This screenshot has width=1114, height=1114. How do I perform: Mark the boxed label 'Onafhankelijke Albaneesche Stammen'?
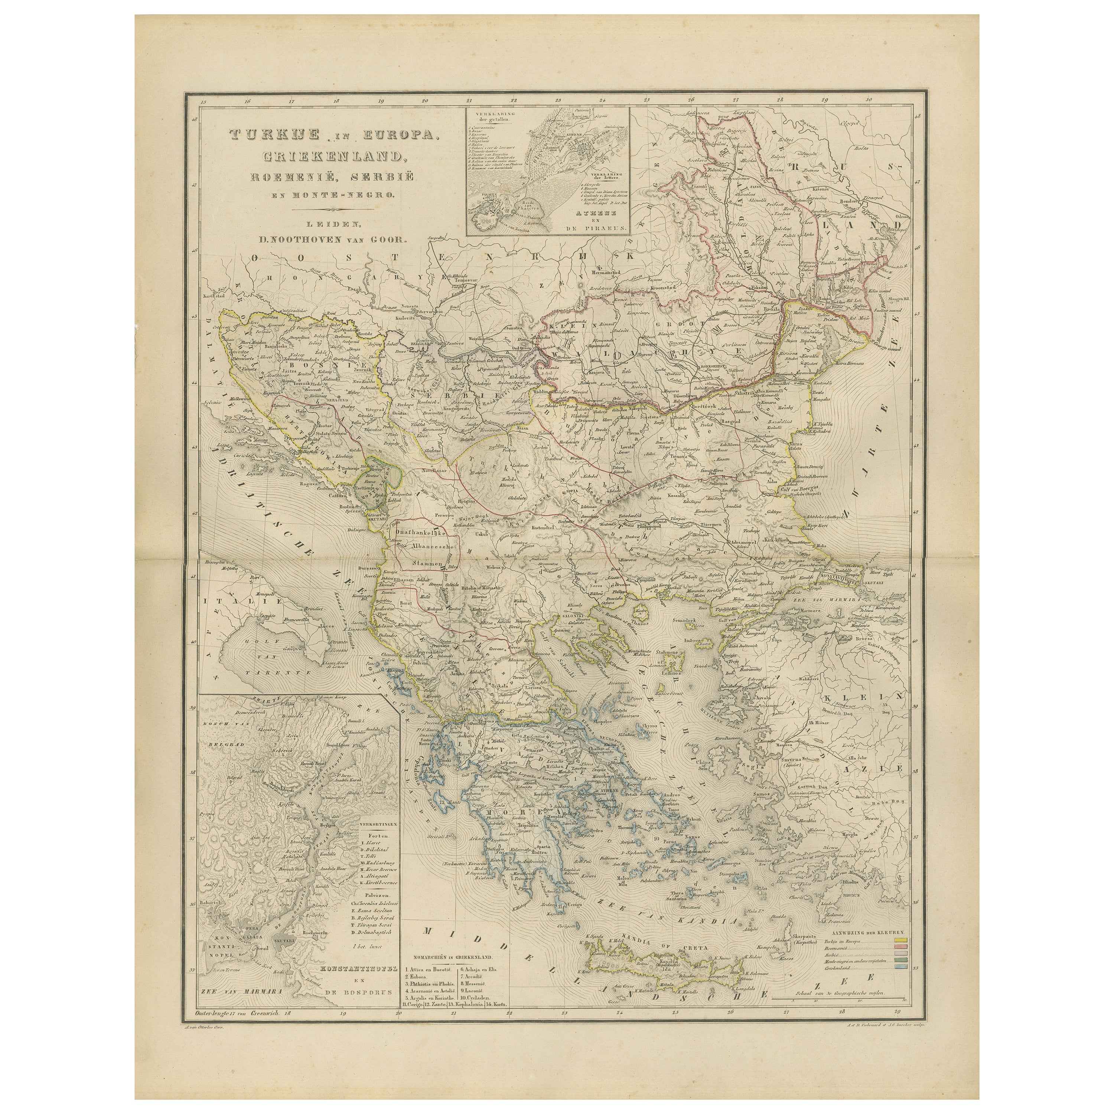pyautogui.click(x=427, y=545)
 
